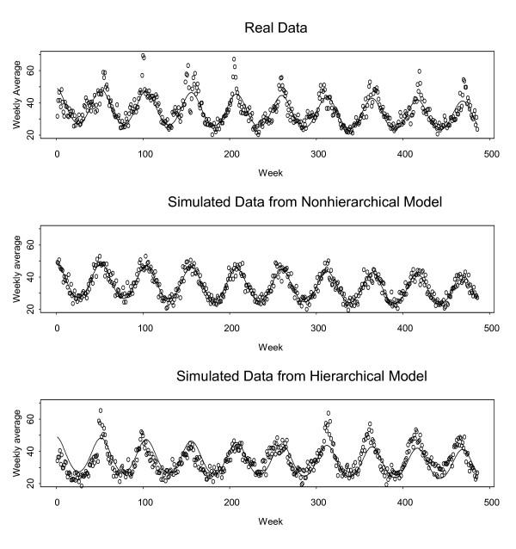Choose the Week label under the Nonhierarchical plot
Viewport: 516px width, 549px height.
coord(270,347)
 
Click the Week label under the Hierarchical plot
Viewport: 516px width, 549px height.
coord(270,521)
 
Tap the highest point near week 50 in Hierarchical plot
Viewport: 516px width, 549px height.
coord(100,410)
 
